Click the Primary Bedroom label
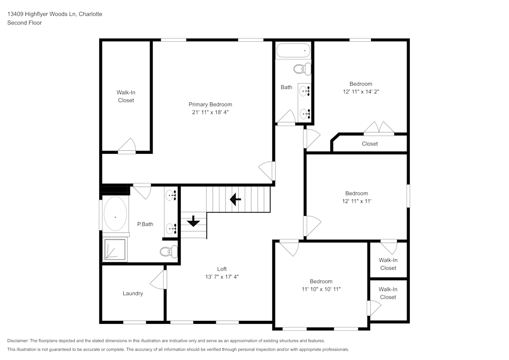point(210,104)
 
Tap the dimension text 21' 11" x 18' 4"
point(210,112)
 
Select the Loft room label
point(222,269)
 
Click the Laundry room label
point(133,293)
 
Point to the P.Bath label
point(145,224)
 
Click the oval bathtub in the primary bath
point(116,216)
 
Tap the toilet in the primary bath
point(169,251)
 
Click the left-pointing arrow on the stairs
point(235,199)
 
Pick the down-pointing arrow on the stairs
point(193,221)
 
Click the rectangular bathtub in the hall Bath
point(293,51)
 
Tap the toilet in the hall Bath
point(302,68)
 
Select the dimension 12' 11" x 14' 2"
point(360,92)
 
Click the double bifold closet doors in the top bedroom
point(378,128)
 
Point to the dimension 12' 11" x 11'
point(356,201)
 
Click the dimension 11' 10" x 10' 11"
point(321,289)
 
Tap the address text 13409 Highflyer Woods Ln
point(41,14)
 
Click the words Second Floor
point(24,23)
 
